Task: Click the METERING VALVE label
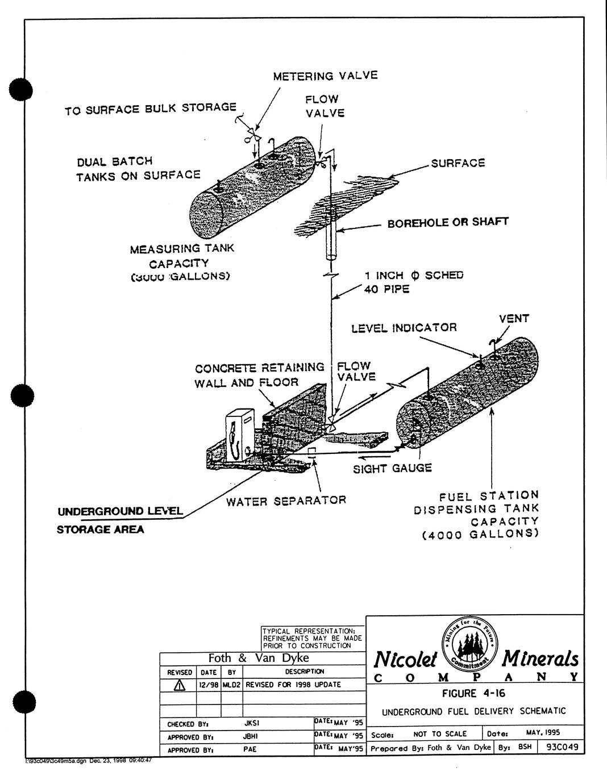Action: pos(325,76)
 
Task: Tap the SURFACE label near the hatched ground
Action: pos(458,164)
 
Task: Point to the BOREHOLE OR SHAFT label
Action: pos(447,223)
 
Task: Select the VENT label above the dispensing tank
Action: pos(514,319)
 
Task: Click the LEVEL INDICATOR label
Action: pos(404,328)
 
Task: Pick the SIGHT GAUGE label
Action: pos(392,468)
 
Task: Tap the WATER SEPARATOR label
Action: pos(286,501)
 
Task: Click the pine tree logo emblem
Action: pos(469,643)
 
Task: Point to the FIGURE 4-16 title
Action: pos(473,693)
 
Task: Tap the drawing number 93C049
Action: pos(562,747)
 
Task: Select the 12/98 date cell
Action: pos(209,685)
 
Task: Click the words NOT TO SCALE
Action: pos(439,734)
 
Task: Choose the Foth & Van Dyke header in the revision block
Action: pos(259,658)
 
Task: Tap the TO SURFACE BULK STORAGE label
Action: pos(151,108)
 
